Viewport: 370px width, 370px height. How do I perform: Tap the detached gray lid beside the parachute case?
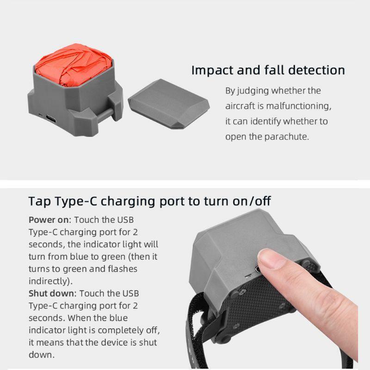coord(168,104)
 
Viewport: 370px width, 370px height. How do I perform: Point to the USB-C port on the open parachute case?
coord(51,118)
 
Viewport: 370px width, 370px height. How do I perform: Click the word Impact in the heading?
coord(212,71)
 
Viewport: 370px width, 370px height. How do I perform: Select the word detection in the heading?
coord(316,70)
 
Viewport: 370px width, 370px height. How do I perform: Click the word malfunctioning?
coord(298,106)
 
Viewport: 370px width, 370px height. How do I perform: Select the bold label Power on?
coord(49,220)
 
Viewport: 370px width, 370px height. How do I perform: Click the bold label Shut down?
coord(51,294)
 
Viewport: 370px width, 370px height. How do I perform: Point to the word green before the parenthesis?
coord(113,257)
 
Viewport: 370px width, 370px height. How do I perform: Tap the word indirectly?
coord(50,281)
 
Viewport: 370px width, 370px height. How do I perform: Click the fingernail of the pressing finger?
coord(269,259)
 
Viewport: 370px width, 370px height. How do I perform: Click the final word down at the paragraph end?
coord(41,355)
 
